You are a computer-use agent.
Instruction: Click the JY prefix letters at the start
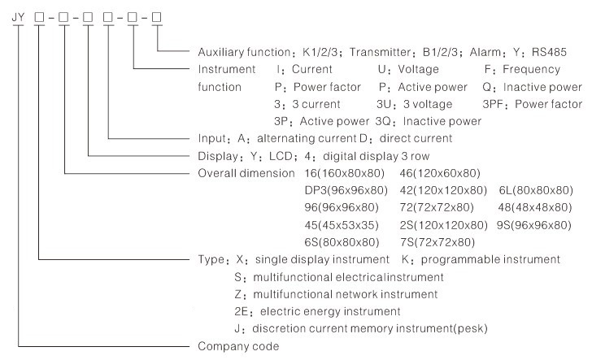pyautogui.click(x=18, y=17)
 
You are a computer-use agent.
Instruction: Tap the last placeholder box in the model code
pyautogui.click(x=157, y=17)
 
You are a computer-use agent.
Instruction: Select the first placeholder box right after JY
pyautogui.click(x=39, y=17)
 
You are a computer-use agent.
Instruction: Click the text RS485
pyautogui.click(x=549, y=52)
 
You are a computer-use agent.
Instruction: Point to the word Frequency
pyautogui.click(x=531, y=70)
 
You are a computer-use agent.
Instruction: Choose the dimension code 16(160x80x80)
pyautogui.click(x=344, y=174)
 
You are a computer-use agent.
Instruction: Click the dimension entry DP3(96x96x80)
pyautogui.click(x=346, y=190)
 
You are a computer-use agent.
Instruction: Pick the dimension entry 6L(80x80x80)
pyautogui.click(x=536, y=190)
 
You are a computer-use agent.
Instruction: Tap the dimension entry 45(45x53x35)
pyautogui.click(x=342, y=225)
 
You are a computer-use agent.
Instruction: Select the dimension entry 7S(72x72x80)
pyautogui.click(x=437, y=242)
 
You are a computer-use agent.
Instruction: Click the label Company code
pyautogui.click(x=238, y=346)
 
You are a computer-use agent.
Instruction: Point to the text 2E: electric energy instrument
pyautogui.click(x=317, y=312)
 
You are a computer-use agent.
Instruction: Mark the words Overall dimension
pyautogui.click(x=246, y=174)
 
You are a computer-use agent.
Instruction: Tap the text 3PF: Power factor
pyautogui.click(x=532, y=104)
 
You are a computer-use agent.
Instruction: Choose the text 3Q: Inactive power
pyautogui.click(x=429, y=122)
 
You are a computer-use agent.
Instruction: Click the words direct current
pyautogui.click(x=416, y=138)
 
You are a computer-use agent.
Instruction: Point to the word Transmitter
pyautogui.click(x=380, y=52)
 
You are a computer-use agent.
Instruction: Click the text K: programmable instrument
pyautogui.click(x=481, y=259)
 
